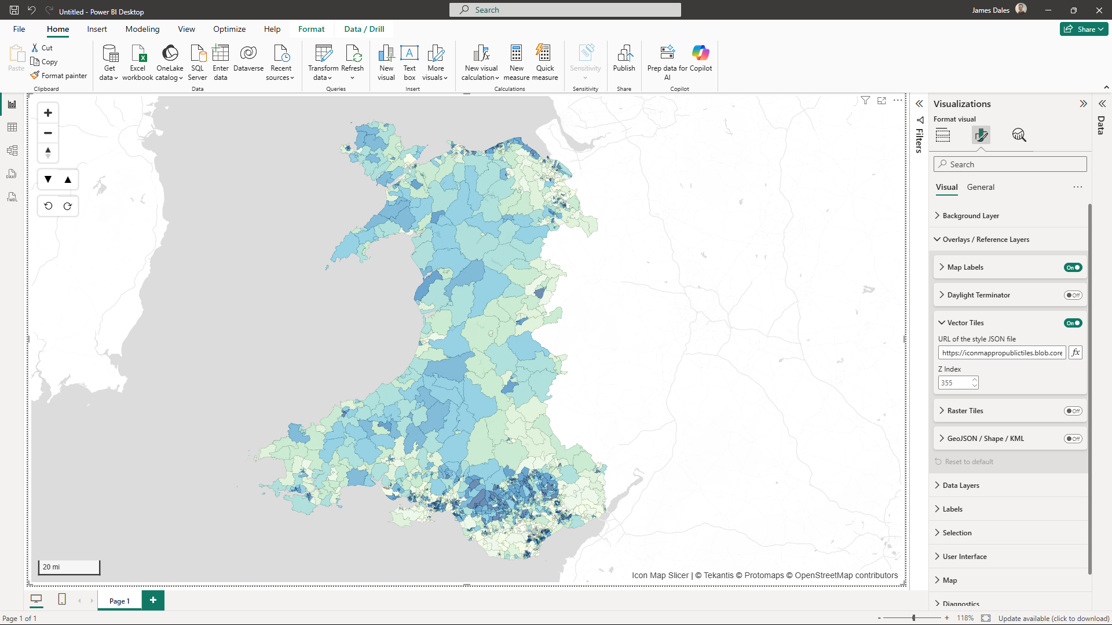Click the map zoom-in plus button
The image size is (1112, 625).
[48, 113]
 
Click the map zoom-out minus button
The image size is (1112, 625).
[48, 133]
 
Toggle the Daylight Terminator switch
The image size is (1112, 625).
[1073, 295]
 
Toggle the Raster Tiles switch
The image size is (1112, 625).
[1073, 411]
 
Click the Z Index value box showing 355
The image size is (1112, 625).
[954, 383]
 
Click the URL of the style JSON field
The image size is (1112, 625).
[1001, 352]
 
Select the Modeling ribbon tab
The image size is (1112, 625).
[142, 29]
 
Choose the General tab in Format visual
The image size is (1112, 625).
[981, 187]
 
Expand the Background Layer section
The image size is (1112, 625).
[971, 215]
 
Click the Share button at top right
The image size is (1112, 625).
[1084, 29]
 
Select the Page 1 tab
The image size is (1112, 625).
[119, 601]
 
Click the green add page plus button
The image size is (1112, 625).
[153, 600]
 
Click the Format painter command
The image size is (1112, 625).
[59, 75]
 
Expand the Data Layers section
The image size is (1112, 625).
[961, 485]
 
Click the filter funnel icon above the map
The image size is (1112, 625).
[865, 100]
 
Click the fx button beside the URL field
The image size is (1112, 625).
[1076, 352]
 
